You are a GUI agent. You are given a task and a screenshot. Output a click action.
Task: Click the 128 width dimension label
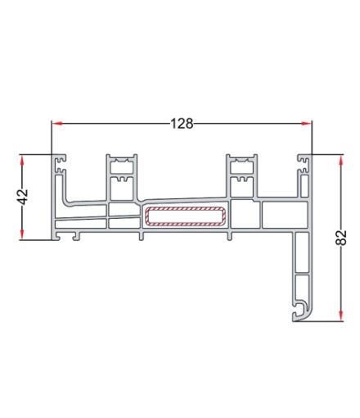pyautogui.click(x=182, y=124)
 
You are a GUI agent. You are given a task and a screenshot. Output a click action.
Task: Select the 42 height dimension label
pyautogui.click(x=23, y=197)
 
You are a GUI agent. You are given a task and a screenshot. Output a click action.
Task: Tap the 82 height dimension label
pyautogui.click(x=341, y=238)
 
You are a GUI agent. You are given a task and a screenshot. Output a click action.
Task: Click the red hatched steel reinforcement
pyautogui.click(x=186, y=217)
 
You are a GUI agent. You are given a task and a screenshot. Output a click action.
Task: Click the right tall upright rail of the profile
pyautogui.click(x=241, y=175)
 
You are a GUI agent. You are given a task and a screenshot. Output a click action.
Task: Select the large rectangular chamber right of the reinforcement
pyautogui.click(x=283, y=216)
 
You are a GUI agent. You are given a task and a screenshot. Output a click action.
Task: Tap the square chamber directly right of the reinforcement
pyautogui.click(x=245, y=216)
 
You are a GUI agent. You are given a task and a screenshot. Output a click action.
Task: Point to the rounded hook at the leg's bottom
pyautogui.click(x=300, y=311)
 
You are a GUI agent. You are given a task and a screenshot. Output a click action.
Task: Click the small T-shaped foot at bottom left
pyautogui.click(x=75, y=236)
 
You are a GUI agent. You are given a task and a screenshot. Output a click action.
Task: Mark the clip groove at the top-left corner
pyautogui.click(x=59, y=162)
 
